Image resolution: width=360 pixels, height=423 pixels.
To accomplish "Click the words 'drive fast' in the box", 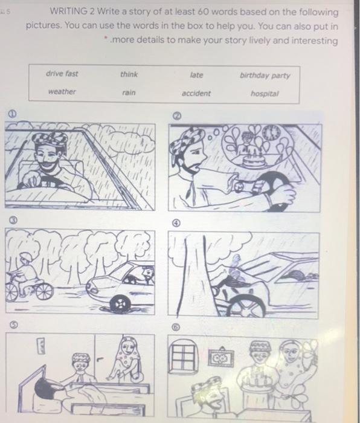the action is pyautogui.click(x=62, y=74).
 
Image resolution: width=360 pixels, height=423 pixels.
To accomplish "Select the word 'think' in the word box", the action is pyautogui.click(x=129, y=74).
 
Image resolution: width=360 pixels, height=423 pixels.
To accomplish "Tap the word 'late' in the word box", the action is pyautogui.click(x=196, y=75).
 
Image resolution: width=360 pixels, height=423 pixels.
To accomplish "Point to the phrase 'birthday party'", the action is pyautogui.click(x=265, y=76).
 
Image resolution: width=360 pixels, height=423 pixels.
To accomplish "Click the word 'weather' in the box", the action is pyautogui.click(x=62, y=92).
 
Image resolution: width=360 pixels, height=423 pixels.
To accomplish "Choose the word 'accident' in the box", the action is pyautogui.click(x=196, y=94).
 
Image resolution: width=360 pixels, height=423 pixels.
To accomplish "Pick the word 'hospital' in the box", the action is pyautogui.click(x=265, y=94).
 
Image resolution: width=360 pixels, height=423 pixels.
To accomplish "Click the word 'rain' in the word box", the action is pyautogui.click(x=129, y=93).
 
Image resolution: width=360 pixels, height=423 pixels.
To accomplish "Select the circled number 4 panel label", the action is pyautogui.click(x=176, y=223).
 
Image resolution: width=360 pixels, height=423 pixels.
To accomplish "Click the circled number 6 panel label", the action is pyautogui.click(x=176, y=328).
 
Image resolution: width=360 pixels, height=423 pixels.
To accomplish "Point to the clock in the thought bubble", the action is pyautogui.click(x=271, y=133).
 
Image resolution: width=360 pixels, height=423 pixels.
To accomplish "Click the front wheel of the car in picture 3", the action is pyautogui.click(x=120, y=304).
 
